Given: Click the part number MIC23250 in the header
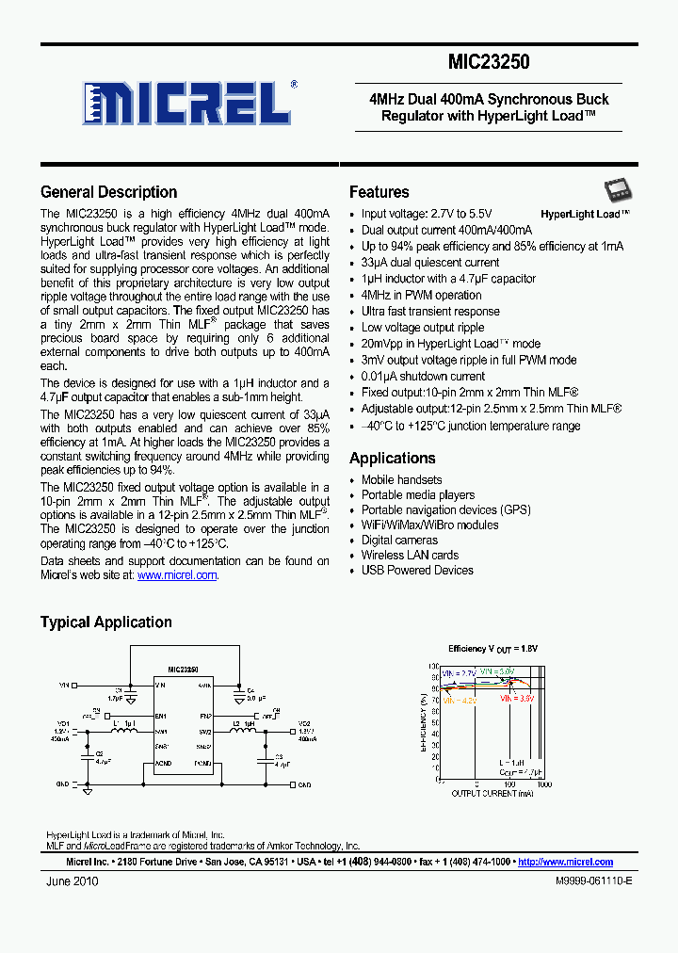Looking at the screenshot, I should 489,63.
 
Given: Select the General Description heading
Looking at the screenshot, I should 108,192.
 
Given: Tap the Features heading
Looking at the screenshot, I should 379,192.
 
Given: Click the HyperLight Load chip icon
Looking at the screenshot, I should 617,192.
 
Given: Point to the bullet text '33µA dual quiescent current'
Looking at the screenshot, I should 430,263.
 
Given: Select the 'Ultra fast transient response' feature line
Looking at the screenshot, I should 430,312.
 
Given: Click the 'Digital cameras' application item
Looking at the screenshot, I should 399,541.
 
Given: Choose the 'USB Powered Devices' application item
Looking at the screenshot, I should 417,571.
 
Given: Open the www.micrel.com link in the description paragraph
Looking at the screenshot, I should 177,575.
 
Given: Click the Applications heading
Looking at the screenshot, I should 392,459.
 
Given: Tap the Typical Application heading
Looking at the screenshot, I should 105,622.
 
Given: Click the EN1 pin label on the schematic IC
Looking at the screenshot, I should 161,716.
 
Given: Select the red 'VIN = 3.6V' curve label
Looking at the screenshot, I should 517,700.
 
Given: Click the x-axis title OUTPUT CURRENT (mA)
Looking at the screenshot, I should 492,794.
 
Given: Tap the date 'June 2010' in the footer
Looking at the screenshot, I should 72,882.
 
